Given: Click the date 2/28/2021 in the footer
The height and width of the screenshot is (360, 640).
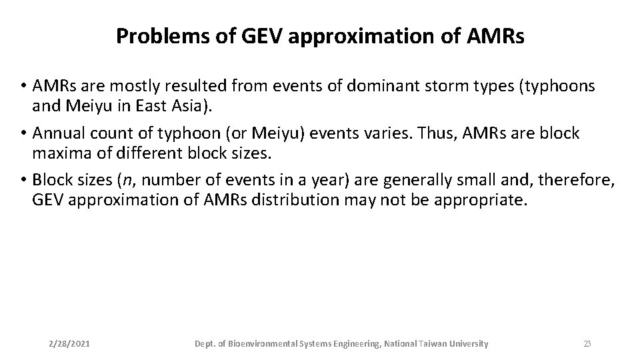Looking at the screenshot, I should (x=70, y=344).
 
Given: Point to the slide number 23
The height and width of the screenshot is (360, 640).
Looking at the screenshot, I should (x=587, y=344).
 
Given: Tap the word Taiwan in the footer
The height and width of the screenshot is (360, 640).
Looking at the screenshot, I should (x=434, y=344).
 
